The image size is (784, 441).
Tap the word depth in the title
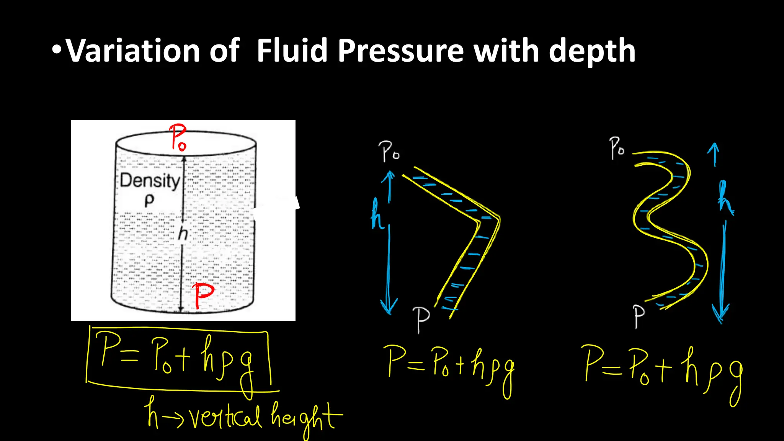pos(592,51)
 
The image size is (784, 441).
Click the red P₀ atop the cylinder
pos(178,137)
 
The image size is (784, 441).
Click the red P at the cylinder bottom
pos(203,295)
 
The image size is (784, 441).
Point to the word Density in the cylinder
pos(150,180)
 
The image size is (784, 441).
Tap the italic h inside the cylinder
pos(183,233)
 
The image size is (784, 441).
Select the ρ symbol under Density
pos(149,200)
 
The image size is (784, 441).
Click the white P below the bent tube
pos(421,318)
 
